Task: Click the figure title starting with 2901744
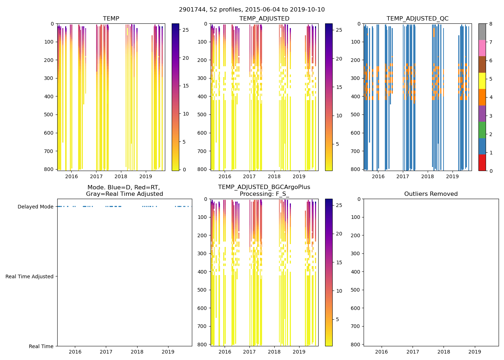click(x=252, y=10)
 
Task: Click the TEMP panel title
click(x=111, y=19)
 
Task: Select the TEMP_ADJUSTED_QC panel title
click(x=417, y=19)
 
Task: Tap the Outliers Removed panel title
click(x=431, y=194)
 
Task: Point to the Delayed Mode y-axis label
click(x=35, y=207)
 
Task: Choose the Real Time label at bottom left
click(x=41, y=346)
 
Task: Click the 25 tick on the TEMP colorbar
click(x=186, y=30)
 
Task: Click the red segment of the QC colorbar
click(x=482, y=162)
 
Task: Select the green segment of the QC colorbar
click(x=482, y=130)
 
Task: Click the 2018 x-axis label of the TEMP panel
click(x=121, y=176)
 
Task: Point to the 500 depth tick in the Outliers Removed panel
click(x=356, y=290)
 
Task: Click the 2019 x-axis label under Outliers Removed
click(x=474, y=352)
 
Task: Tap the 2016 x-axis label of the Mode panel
click(x=75, y=352)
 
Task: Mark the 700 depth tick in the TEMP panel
click(x=49, y=151)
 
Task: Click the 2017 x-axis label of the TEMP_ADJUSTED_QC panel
click(x=403, y=176)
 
